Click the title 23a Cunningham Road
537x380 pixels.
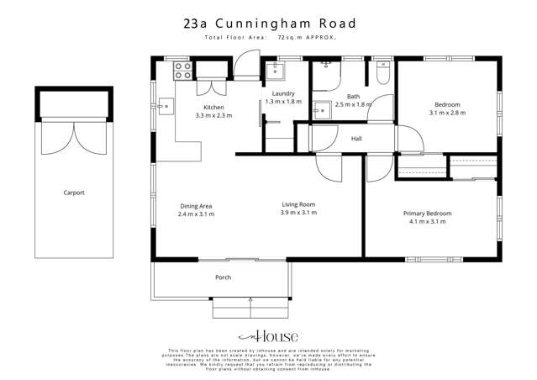pos(268,24)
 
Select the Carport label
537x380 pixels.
pos(74,193)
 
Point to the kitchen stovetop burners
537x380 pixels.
pos(184,74)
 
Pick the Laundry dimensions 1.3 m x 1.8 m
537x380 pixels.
pos(282,101)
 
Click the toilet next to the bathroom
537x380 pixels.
pos(382,74)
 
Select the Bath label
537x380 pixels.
pos(353,96)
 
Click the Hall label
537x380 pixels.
pos(356,139)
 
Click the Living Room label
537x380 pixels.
pos(297,204)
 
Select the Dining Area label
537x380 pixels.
pos(196,206)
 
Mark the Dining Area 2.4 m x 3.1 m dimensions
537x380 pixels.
pos(196,215)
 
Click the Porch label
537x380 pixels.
pos(223,277)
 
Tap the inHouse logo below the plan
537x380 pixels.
pos(268,335)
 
